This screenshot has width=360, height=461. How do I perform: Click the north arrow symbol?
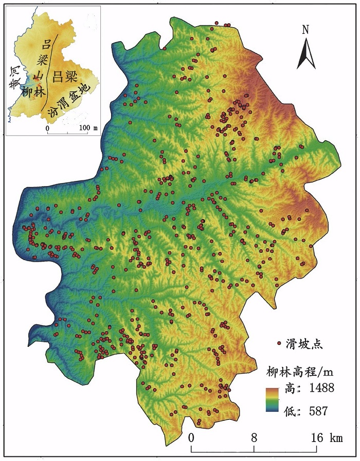(x=306, y=53)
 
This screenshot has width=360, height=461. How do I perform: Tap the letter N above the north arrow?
(x=305, y=29)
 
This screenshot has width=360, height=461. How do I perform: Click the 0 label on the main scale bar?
(x=191, y=438)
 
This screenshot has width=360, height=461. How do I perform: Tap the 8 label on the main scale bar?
(x=254, y=438)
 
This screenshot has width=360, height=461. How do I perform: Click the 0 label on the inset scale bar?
(x=47, y=127)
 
